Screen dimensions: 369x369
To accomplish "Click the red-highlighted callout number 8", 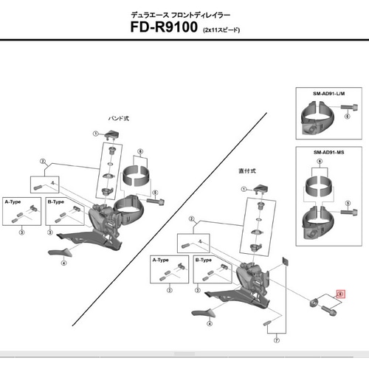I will coord(339,294).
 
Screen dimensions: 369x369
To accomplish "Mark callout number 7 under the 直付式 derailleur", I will coord(275,340).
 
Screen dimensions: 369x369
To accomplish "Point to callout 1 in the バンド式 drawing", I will coord(95,134).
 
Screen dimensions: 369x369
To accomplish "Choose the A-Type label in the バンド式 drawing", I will coord(13,201).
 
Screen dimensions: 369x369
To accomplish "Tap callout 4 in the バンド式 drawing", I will coord(64,262).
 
